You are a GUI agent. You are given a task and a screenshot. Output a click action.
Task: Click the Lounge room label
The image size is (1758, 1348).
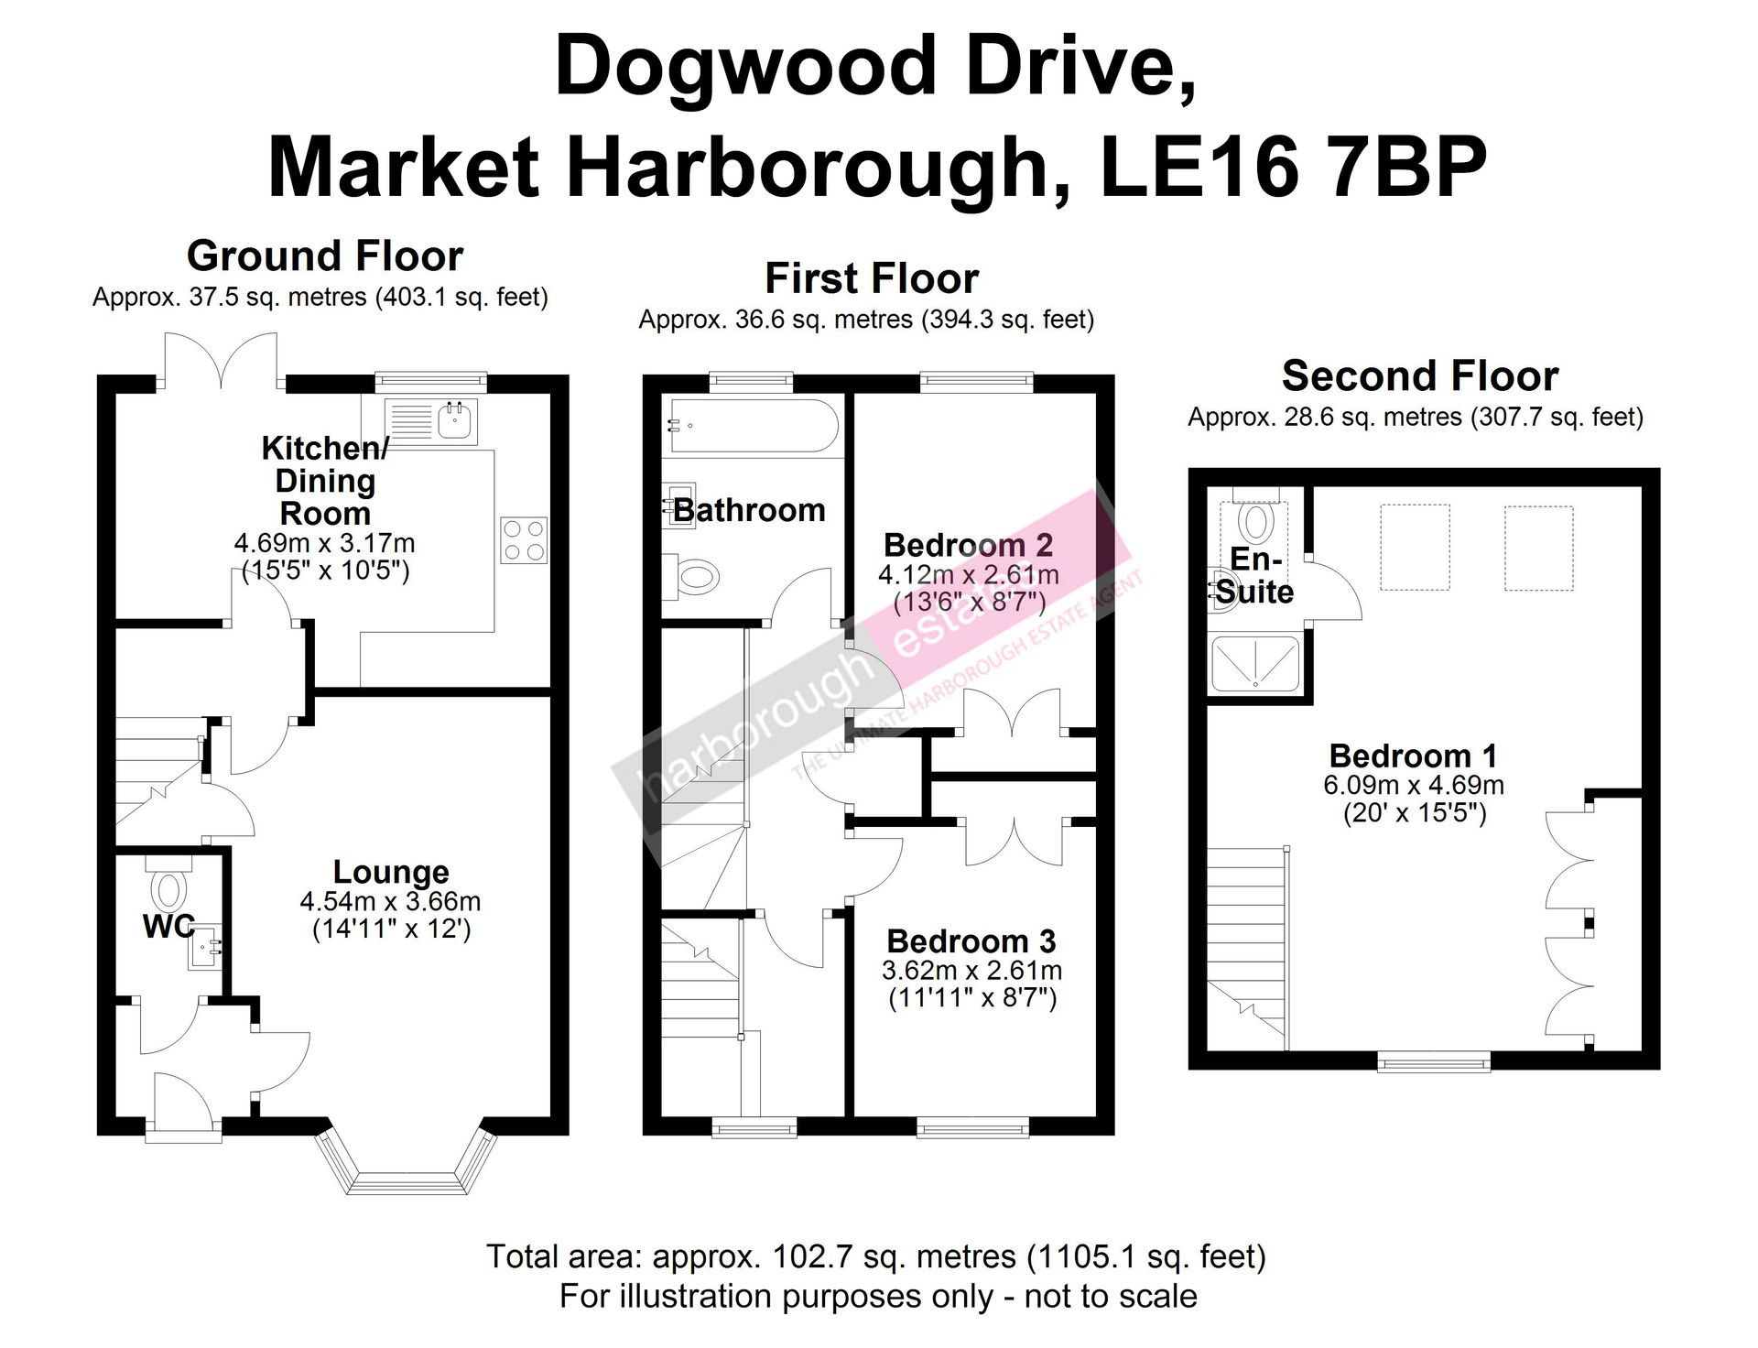[391, 873]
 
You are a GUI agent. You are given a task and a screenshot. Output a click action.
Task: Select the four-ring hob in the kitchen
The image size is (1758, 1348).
[525, 540]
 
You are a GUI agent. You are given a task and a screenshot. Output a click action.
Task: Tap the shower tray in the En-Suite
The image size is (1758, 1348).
[1255, 663]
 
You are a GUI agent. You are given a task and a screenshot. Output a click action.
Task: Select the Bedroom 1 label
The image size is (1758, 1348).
[1413, 756]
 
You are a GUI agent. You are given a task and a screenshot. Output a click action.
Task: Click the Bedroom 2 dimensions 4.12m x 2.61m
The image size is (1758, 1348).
[969, 575]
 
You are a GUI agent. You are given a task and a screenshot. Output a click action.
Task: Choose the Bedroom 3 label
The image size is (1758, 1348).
[971, 941]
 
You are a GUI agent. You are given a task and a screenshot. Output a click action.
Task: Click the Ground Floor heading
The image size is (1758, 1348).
[325, 255]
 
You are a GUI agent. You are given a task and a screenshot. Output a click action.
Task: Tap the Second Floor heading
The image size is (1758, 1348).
[1419, 375]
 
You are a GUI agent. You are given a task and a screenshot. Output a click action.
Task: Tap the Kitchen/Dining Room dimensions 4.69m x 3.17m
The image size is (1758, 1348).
[324, 543]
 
